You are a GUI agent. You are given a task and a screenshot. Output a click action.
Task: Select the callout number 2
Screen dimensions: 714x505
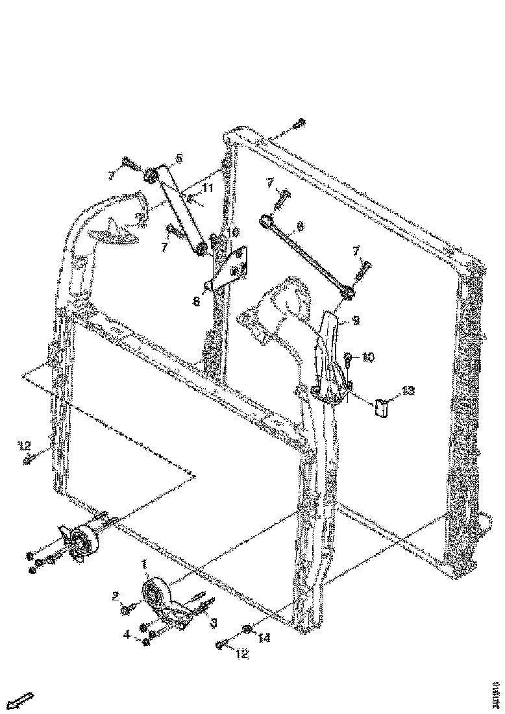point(115,595)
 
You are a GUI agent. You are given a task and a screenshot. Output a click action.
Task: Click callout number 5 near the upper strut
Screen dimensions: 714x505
point(179,158)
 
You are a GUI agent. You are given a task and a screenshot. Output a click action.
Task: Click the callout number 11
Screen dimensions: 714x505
point(207,188)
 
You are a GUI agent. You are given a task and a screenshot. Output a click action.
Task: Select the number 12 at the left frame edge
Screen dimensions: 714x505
point(25,445)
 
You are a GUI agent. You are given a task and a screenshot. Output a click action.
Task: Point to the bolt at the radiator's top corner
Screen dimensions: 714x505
point(299,123)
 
